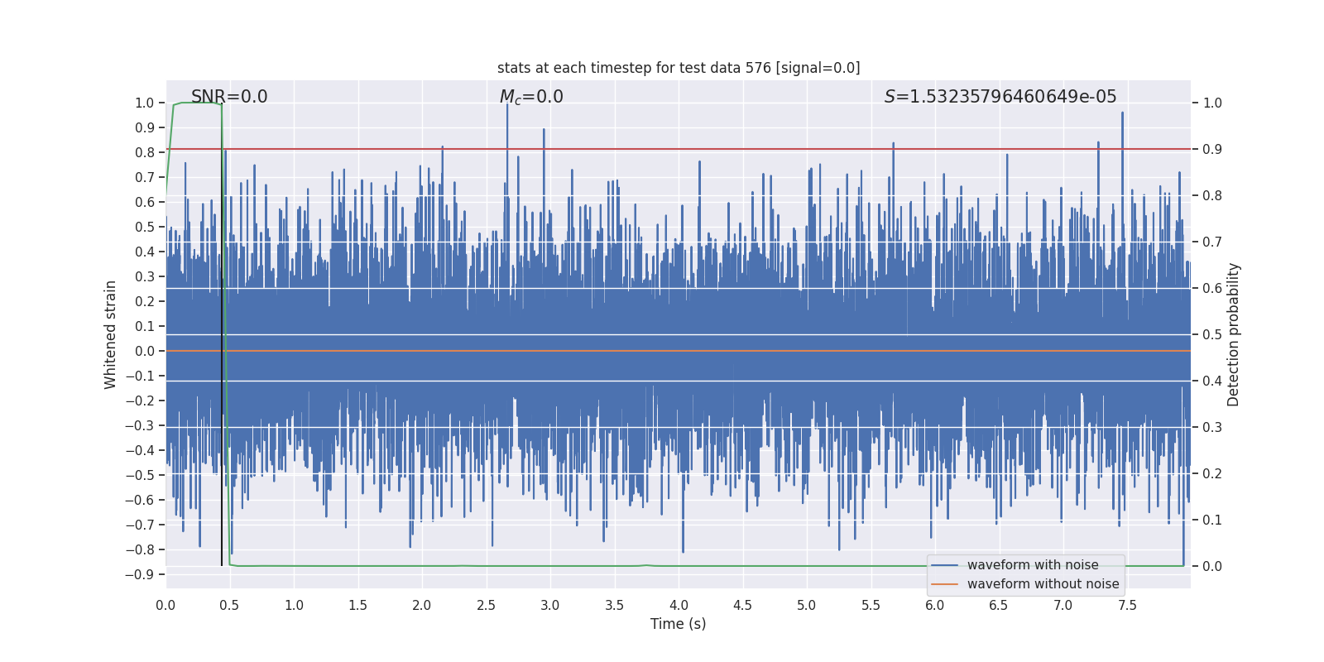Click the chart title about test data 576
[x=679, y=68]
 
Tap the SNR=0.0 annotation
[x=229, y=97]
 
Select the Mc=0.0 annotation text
[x=531, y=97]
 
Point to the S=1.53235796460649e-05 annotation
[x=1000, y=97]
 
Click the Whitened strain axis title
[x=111, y=334]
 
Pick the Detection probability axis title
[x=1234, y=334]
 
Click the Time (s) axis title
[x=678, y=624]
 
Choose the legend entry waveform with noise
[x=1033, y=565]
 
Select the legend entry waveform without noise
[x=1043, y=584]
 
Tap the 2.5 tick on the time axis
[x=486, y=606]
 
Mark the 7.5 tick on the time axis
[x=1127, y=606]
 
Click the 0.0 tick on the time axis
[x=165, y=606]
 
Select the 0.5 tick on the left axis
[x=145, y=227]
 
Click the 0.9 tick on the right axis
[x=1212, y=149]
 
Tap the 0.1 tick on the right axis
[x=1212, y=520]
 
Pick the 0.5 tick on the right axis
[x=1212, y=334]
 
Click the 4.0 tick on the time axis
[x=679, y=606]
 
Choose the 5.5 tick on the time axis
[x=871, y=606]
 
